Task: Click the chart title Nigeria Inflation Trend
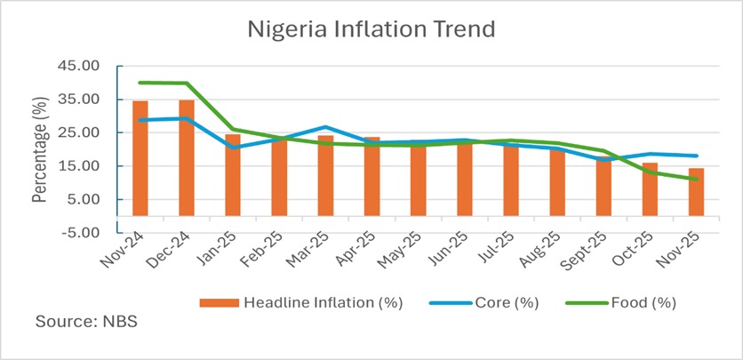(371, 28)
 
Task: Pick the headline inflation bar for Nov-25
(696, 192)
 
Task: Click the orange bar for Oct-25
(650, 188)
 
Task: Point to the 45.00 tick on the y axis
(89, 66)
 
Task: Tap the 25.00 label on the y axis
(89, 132)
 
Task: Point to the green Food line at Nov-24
(140, 83)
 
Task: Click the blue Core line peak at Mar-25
(325, 127)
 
